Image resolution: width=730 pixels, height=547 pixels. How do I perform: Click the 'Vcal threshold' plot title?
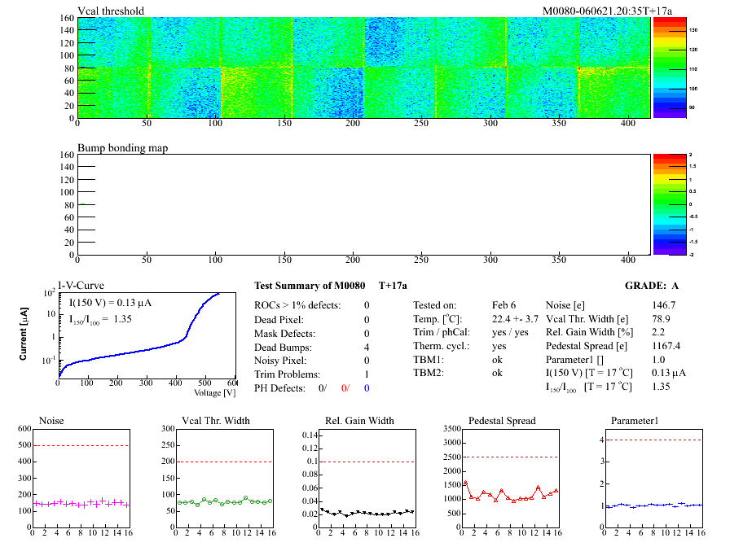click(x=111, y=11)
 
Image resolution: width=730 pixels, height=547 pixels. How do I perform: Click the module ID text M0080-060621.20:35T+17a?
click(x=601, y=11)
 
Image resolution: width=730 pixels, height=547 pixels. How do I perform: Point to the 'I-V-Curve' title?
click(x=80, y=287)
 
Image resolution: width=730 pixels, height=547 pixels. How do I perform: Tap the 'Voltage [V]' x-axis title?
click(x=214, y=392)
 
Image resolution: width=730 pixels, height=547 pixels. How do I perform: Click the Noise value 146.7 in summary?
click(x=665, y=304)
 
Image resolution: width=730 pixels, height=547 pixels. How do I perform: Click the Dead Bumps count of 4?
click(x=367, y=347)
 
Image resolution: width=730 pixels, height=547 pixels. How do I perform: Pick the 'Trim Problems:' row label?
click(x=287, y=374)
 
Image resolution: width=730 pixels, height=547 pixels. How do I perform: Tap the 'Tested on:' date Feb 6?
click(x=504, y=304)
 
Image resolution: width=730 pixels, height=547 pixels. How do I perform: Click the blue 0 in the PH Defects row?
click(x=367, y=388)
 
